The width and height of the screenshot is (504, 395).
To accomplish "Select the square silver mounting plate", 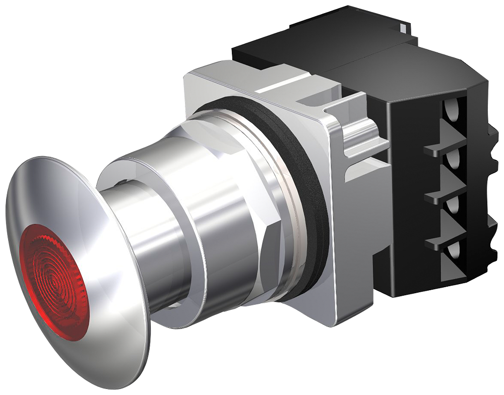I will [348, 252].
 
